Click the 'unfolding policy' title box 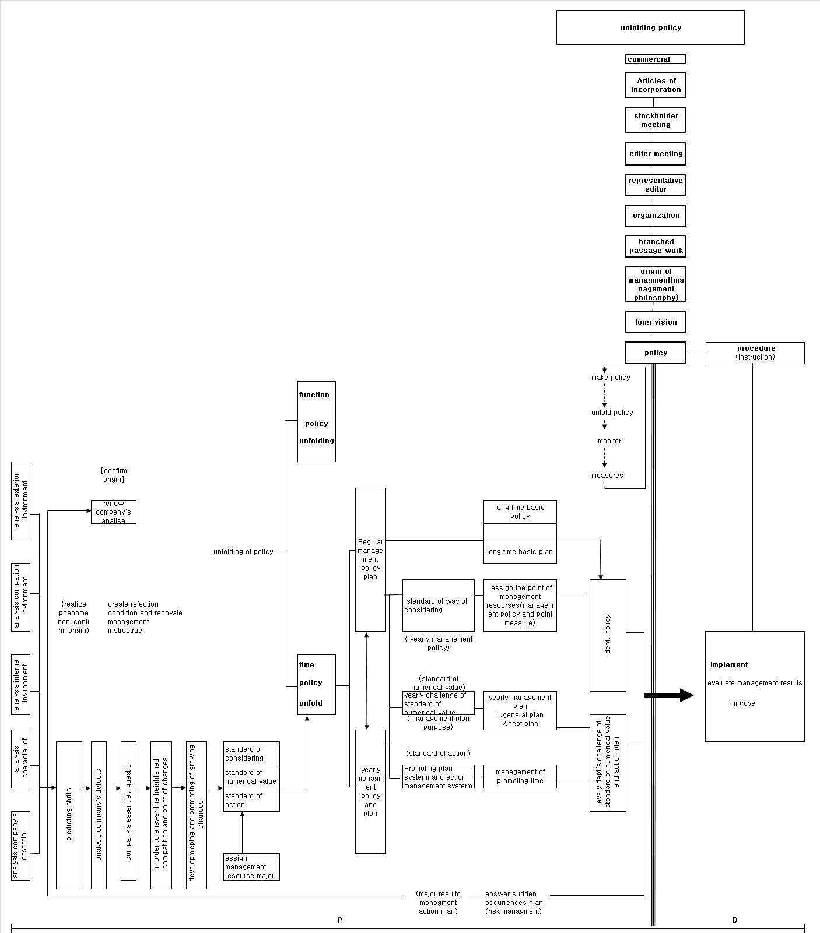[650, 27]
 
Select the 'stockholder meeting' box [656, 120]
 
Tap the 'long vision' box [656, 322]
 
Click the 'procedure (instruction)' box [755, 353]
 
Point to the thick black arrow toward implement [668, 695]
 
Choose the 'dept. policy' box [608, 635]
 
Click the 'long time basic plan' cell [520, 552]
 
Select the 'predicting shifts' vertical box [69, 814]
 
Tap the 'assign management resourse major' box [251, 867]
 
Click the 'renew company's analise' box [114, 512]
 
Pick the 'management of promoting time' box [520, 776]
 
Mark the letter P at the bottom [339, 920]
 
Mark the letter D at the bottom [735, 920]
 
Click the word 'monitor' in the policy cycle [609, 441]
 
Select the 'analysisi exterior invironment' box [20, 501]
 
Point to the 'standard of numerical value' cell [251, 777]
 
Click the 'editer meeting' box [656, 154]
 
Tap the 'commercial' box [656, 59]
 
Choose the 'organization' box [656, 216]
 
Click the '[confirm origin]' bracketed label [114, 475]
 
